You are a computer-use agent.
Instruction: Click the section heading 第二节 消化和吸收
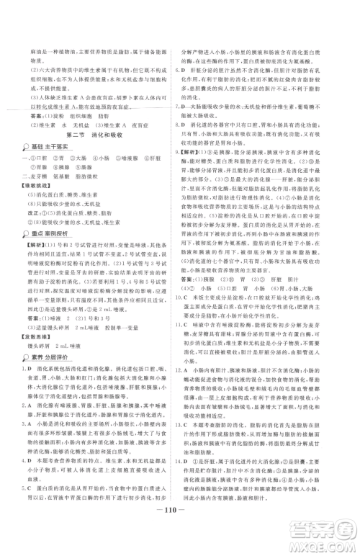[95, 134]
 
